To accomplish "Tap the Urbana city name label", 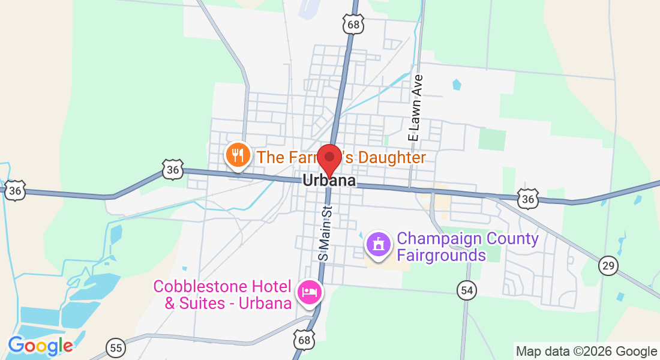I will pyautogui.click(x=329, y=181).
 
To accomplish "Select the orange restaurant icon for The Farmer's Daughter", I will pyautogui.click(x=238, y=156).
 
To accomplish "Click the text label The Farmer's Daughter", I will pyautogui.click(x=341, y=158).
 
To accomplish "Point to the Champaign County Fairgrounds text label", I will pyautogui.click(x=467, y=247).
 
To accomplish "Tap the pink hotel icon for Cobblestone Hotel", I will pyautogui.click(x=310, y=293).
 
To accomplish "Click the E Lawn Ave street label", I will pyautogui.click(x=413, y=108).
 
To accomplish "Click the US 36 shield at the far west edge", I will pyautogui.click(x=14, y=191).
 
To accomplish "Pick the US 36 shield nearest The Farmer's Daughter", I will pyautogui.click(x=173, y=170).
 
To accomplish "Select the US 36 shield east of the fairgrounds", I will pyautogui.click(x=528, y=198).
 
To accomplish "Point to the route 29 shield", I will pyautogui.click(x=608, y=265).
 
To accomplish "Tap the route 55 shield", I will pyautogui.click(x=115, y=347).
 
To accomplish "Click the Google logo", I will pyautogui.click(x=40, y=346).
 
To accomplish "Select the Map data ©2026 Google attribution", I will pyautogui.click(x=586, y=352).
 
